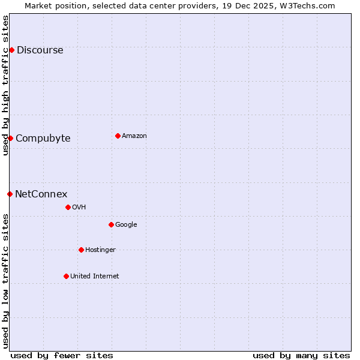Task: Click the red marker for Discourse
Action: [11, 50]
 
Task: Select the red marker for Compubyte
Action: [10, 138]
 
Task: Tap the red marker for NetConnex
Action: [10, 194]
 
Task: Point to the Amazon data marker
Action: [118, 136]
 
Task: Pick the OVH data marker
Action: [68, 207]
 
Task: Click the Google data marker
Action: [111, 224]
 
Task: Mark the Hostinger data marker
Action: [81, 250]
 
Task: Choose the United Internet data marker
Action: [66, 276]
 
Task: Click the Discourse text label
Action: [40, 50]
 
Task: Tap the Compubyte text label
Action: [43, 139]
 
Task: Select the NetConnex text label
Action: [41, 194]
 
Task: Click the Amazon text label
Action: [134, 136]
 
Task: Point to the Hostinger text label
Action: [100, 250]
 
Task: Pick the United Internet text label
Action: [94, 277]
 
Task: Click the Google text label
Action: [126, 225]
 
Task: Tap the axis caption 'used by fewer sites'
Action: [62, 355]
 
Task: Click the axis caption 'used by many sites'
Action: [301, 355]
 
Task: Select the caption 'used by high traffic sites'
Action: [5, 85]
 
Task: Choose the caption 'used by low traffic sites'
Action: [5, 281]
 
